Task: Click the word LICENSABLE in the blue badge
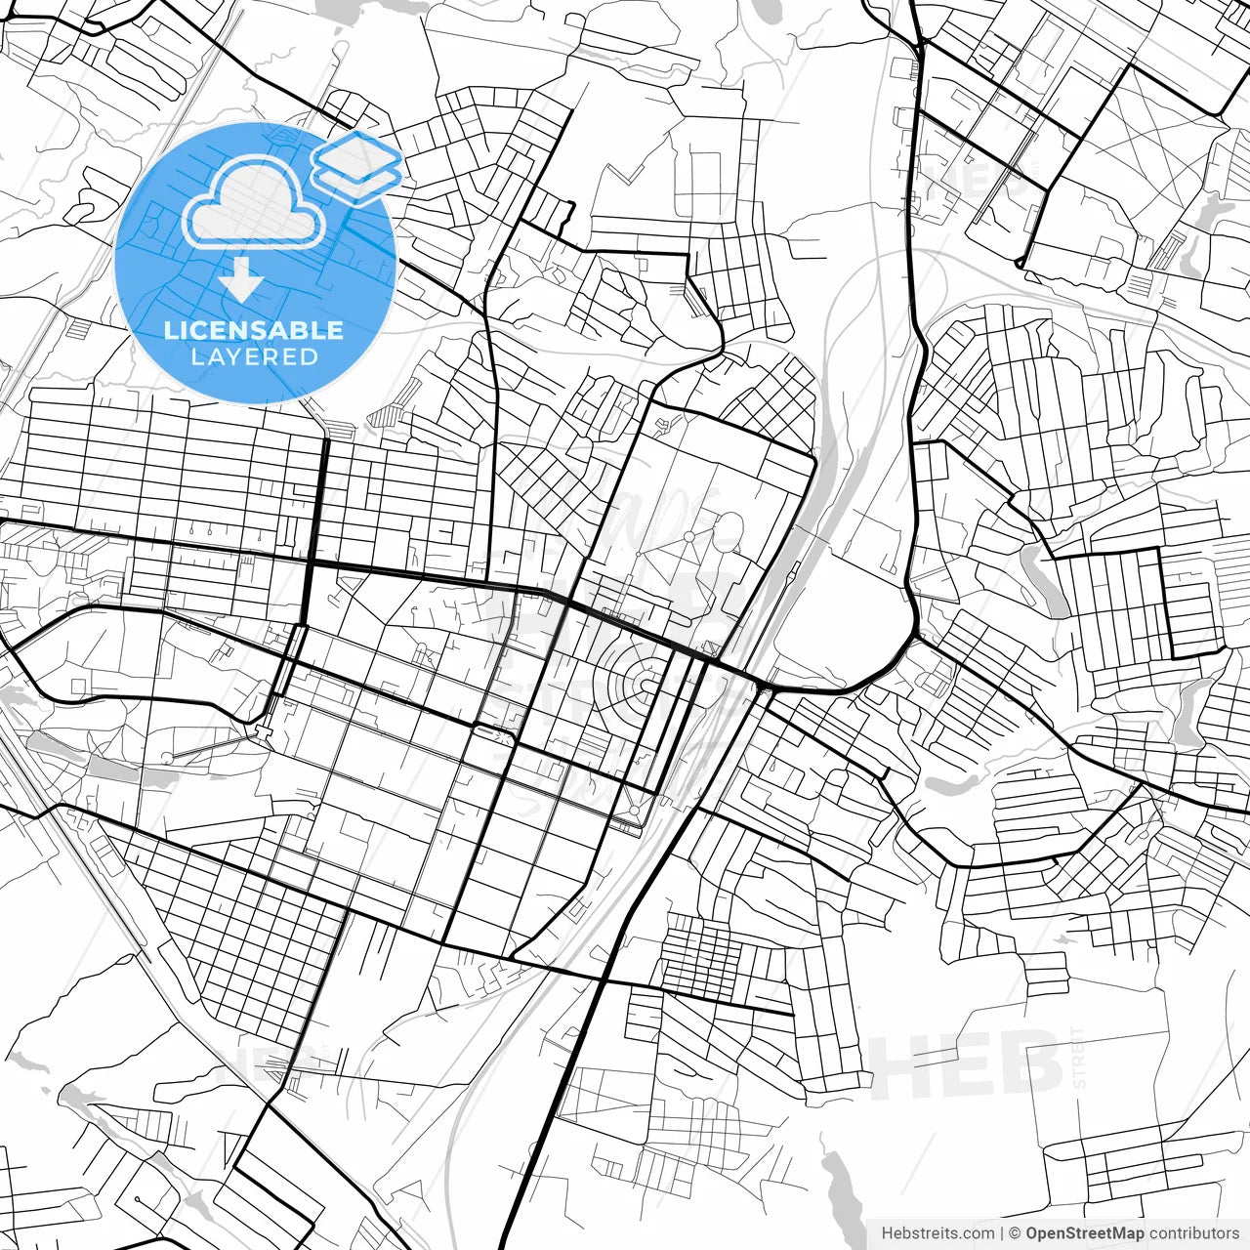coord(254,330)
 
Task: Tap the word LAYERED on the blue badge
coord(254,356)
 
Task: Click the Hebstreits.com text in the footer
coord(937,1233)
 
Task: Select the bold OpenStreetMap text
coord(1084,1233)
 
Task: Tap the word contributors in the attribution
coord(1193,1233)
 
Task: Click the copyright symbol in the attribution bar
coord(1015,1233)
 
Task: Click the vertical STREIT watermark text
coord(1079,1058)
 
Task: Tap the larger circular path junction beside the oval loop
coord(690,536)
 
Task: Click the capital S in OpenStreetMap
coord(1067,1233)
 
